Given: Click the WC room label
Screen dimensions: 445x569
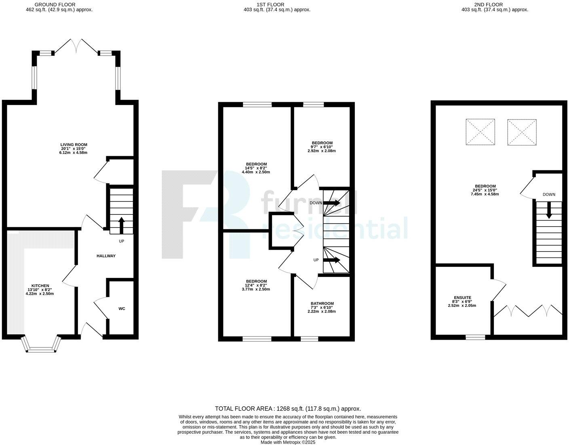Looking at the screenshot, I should (x=122, y=309).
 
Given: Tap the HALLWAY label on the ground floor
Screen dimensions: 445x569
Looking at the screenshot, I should (x=106, y=256).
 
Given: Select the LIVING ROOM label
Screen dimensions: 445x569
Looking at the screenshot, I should (x=74, y=145).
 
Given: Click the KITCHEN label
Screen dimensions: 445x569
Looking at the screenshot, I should (x=40, y=286).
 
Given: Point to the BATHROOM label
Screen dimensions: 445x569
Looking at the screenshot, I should (x=322, y=304).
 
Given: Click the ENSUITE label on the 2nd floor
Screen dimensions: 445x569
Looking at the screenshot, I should (x=462, y=298).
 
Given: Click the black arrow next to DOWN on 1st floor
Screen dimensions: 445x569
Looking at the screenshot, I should (x=332, y=203).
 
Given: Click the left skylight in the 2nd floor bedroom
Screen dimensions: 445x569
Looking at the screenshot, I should (x=480, y=132).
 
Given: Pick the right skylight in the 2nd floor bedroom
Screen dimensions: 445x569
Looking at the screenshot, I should (x=522, y=132).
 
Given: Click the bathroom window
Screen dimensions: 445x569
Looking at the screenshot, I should (x=310, y=339).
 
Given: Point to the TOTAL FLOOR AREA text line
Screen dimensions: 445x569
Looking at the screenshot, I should (x=288, y=409).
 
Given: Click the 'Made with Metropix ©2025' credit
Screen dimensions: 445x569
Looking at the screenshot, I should (x=288, y=442).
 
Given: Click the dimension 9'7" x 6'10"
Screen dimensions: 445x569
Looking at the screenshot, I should (x=322, y=147).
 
